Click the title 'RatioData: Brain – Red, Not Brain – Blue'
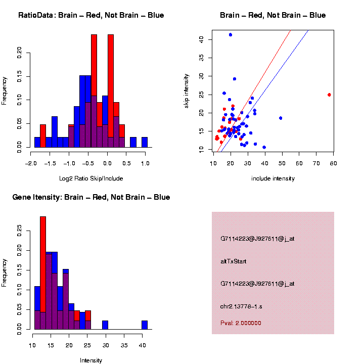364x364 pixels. click(91, 15)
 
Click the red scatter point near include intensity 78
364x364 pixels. click(329, 95)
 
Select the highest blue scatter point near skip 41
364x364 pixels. click(231, 34)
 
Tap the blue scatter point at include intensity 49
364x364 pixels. click(281, 118)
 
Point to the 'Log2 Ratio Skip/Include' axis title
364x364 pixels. click(91, 178)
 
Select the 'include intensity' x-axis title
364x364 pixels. click(273, 178)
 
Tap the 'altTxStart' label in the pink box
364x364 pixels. click(233, 261)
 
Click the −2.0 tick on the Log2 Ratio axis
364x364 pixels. click(31, 164)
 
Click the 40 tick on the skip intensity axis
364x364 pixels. click(201, 39)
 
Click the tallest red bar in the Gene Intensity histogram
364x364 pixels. click(43, 273)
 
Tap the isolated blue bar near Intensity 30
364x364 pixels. click(105, 325)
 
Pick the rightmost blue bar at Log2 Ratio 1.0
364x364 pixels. click(145, 142)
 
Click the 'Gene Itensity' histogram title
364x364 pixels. click(91, 197)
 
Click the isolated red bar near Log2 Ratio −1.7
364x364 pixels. click(43, 136)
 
